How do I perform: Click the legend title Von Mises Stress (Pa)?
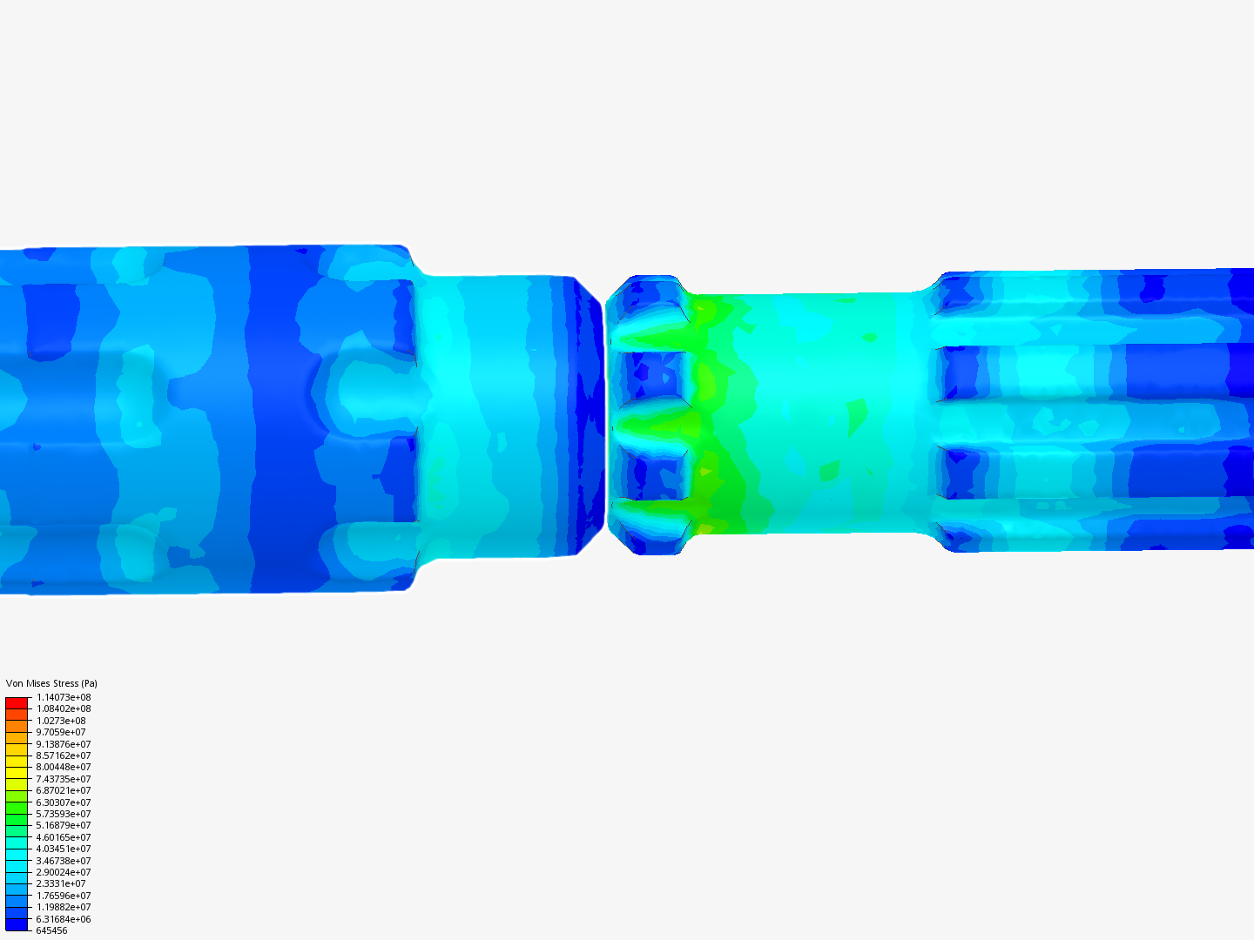pos(51,683)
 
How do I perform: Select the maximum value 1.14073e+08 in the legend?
pos(64,697)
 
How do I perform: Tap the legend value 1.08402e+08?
pos(64,708)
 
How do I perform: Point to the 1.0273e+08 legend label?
pos(61,721)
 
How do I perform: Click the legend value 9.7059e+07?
pos(61,732)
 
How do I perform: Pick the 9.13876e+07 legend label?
pos(64,744)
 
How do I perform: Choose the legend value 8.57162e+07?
pos(64,755)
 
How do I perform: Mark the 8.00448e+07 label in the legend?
pos(64,767)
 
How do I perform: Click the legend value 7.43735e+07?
pos(64,779)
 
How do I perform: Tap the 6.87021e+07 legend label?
pos(64,790)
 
